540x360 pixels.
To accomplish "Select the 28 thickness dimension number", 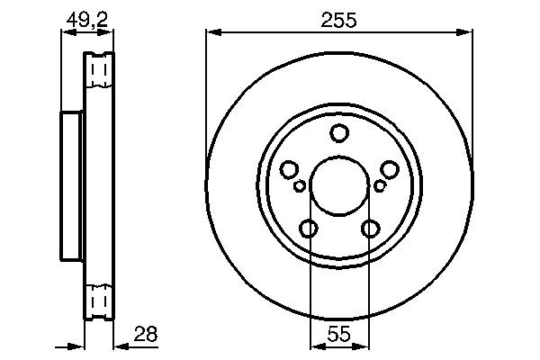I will click(x=145, y=334).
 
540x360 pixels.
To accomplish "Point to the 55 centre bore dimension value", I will click(x=339, y=334).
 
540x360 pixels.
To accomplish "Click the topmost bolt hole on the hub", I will click(x=339, y=134).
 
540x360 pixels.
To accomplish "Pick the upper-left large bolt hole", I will click(x=289, y=169).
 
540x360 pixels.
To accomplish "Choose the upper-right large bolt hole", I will click(x=390, y=169).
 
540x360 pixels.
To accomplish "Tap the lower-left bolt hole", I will click(x=309, y=229).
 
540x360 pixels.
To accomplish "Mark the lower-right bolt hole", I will click(x=370, y=229).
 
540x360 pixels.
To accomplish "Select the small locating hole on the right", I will click(x=379, y=186).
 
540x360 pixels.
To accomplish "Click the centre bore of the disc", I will click(x=339, y=186).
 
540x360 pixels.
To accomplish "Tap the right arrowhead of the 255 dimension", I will click(x=466, y=33).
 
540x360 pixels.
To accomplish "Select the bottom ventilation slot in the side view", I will click(x=101, y=299).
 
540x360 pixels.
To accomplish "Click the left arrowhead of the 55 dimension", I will click(x=315, y=346).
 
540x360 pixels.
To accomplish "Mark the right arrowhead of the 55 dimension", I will click(x=364, y=346).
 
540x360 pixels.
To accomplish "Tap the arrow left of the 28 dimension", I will click(x=77, y=346).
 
